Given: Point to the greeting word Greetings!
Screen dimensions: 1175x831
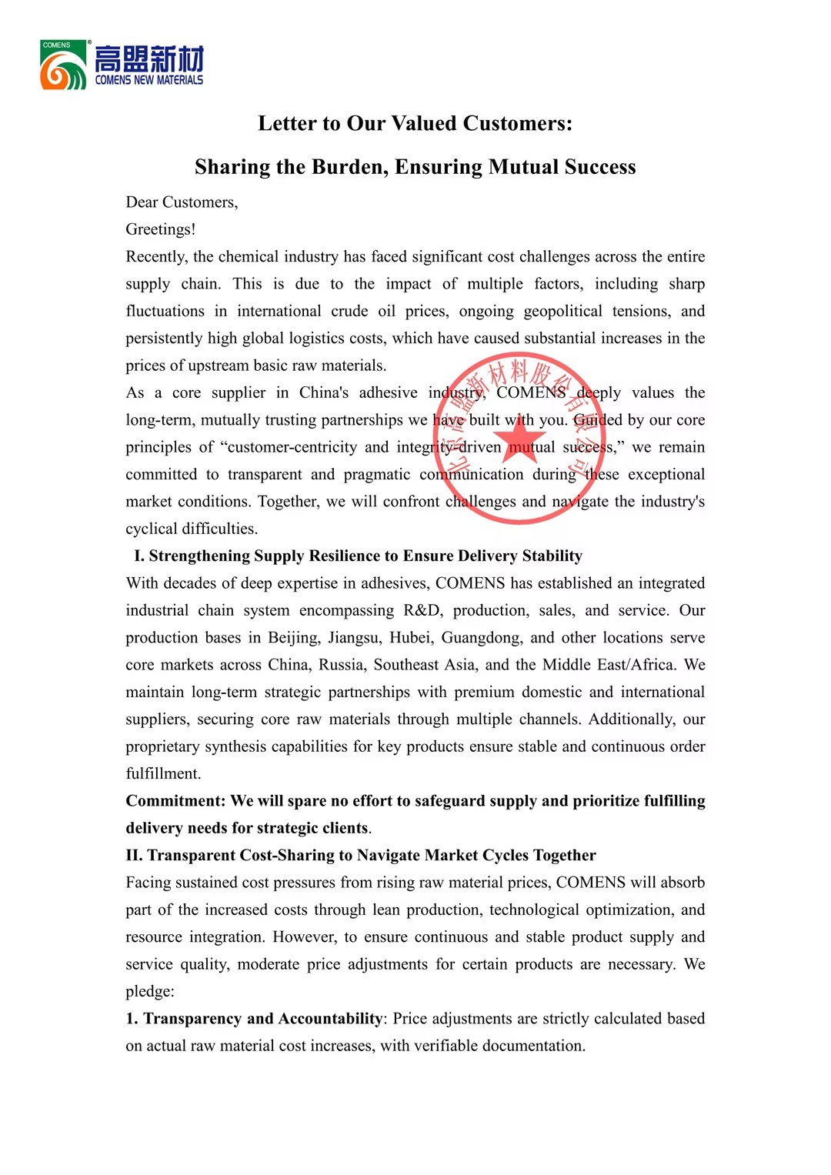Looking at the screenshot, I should pos(161,229).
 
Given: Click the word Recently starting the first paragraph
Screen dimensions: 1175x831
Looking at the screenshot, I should pos(156,257).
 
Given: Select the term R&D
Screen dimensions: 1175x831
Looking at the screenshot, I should pos(422,611).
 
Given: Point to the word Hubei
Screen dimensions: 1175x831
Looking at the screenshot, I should pos(410,638).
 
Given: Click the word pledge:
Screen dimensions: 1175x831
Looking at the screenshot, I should pos(150,992).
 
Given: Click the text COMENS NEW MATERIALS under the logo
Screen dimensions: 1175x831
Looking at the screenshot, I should pos(149,80).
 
